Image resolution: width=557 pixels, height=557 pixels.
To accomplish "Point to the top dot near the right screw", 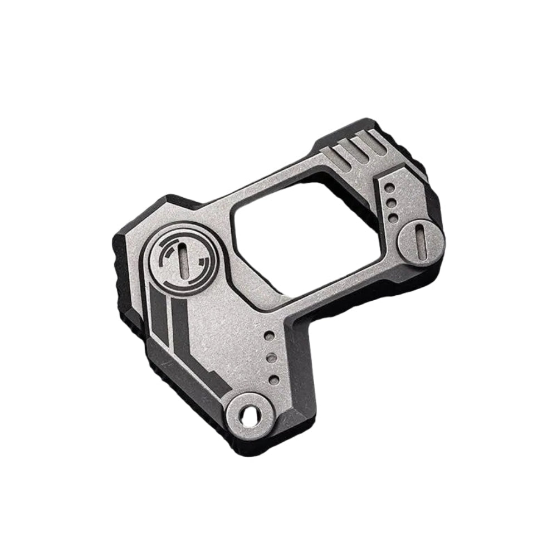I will tap(389, 189).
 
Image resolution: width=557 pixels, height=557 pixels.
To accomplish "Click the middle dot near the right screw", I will tap(392, 203).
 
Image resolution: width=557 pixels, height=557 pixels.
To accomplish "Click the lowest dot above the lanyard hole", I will tap(273, 379).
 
